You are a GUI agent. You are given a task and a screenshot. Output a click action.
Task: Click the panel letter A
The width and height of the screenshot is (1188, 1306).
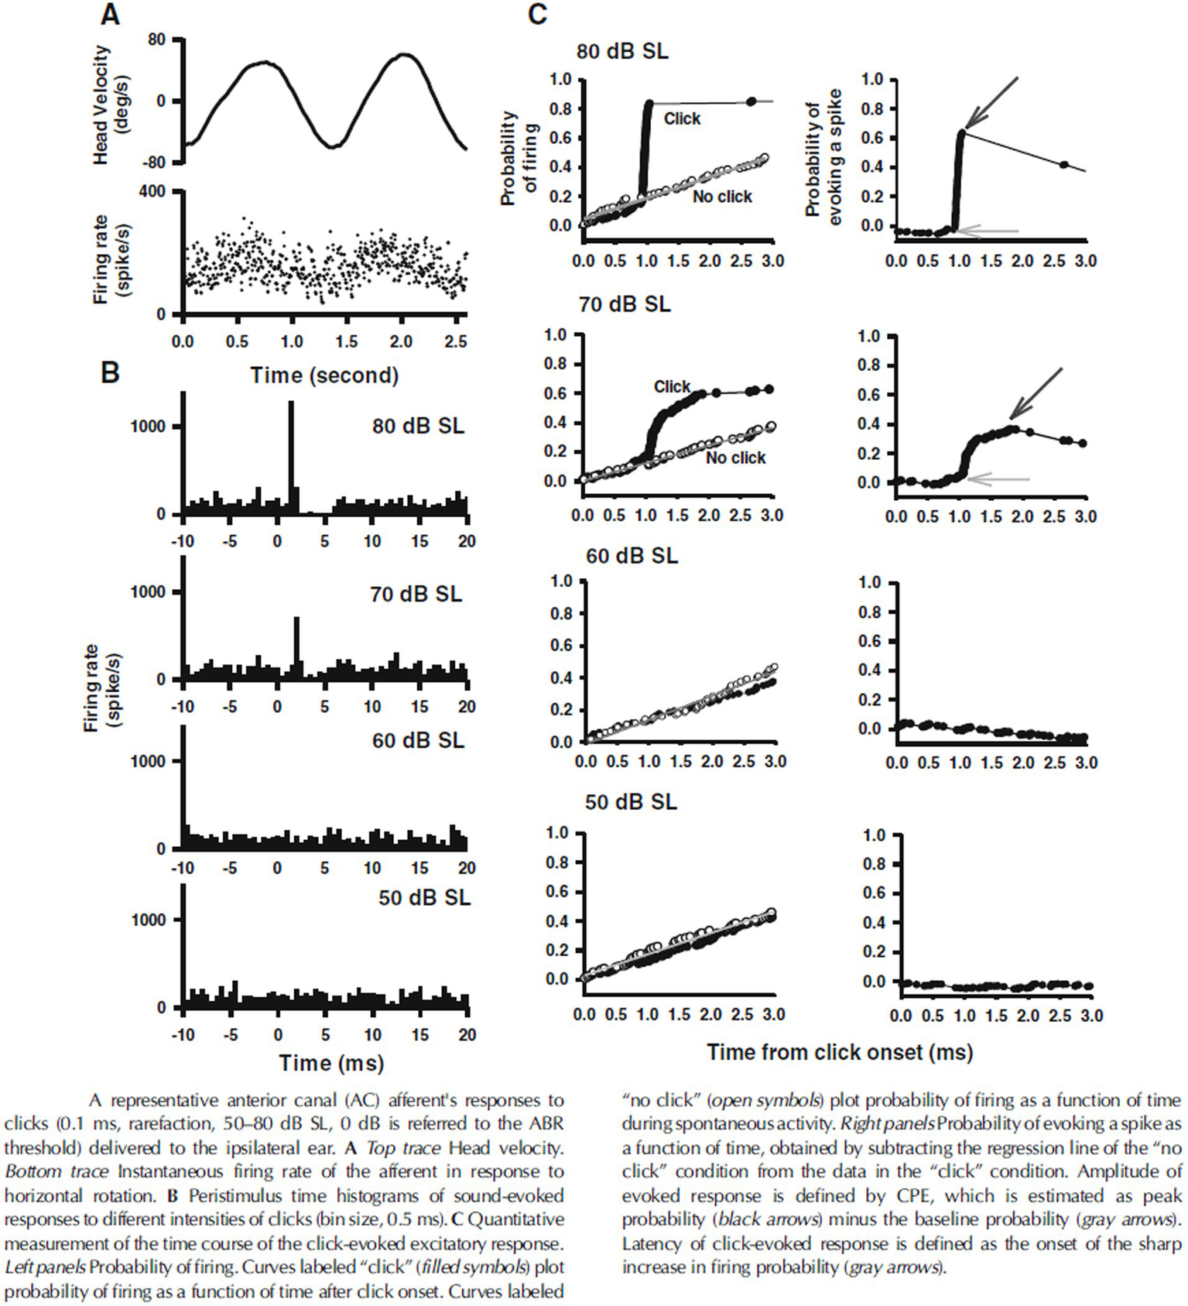[x=111, y=15]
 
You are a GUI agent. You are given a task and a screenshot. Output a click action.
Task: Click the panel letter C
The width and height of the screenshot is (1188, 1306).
[x=537, y=15]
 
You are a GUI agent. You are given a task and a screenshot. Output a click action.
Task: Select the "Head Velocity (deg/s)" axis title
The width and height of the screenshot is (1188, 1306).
[x=111, y=104]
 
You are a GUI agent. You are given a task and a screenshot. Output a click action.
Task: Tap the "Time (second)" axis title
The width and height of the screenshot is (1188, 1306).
[x=324, y=375]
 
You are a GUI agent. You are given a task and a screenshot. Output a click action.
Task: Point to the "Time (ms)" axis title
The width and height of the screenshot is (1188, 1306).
[x=331, y=1063]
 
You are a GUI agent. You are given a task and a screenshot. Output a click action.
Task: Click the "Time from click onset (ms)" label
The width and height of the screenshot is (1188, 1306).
[x=840, y=1052]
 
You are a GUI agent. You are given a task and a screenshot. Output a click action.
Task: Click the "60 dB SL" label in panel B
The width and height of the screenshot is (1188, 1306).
[x=418, y=741]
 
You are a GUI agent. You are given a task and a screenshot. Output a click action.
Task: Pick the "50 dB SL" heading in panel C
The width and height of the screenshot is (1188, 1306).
[x=631, y=802]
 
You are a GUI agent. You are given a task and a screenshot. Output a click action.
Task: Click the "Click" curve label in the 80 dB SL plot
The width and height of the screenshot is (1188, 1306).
[x=682, y=119]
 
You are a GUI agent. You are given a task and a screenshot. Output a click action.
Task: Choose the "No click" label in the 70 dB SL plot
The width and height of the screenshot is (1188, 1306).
[x=735, y=458]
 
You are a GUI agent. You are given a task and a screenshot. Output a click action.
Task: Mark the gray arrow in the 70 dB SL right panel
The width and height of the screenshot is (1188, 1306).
[x=998, y=480]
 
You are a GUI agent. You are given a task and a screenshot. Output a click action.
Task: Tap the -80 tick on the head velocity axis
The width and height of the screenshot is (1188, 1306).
[x=156, y=163]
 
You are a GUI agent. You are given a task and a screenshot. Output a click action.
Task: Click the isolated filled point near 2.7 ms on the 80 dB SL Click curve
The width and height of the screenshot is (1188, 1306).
[x=751, y=101]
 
